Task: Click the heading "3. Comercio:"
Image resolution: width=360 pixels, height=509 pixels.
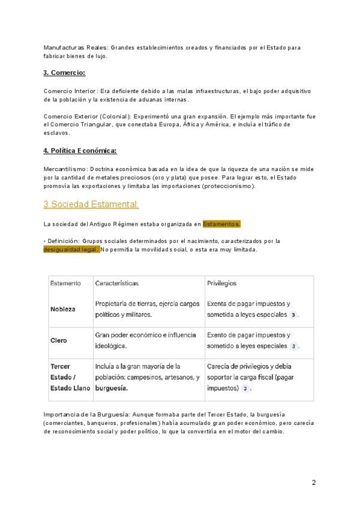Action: point(65,73)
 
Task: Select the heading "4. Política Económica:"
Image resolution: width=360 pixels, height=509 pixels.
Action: point(80,150)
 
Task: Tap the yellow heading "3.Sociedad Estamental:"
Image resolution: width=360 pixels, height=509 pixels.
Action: point(91,205)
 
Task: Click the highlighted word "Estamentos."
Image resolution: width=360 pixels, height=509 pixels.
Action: point(221,224)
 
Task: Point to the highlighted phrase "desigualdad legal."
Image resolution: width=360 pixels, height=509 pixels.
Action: point(71,249)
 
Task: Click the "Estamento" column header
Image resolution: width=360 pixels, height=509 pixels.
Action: point(66,283)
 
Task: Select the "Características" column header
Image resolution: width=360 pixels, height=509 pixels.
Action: point(117,283)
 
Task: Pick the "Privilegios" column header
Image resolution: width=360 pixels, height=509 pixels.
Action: point(221,283)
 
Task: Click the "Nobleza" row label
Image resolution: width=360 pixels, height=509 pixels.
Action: point(63,309)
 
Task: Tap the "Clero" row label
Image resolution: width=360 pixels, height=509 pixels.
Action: point(59,340)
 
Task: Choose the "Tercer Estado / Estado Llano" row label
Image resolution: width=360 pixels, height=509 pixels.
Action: point(70,377)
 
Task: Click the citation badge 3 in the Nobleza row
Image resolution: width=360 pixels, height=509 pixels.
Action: point(293,315)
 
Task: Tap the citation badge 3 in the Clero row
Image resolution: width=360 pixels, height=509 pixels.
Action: point(293,346)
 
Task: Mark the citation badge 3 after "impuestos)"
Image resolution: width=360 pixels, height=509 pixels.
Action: point(245,388)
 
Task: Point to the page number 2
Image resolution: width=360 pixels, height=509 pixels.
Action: point(314,482)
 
